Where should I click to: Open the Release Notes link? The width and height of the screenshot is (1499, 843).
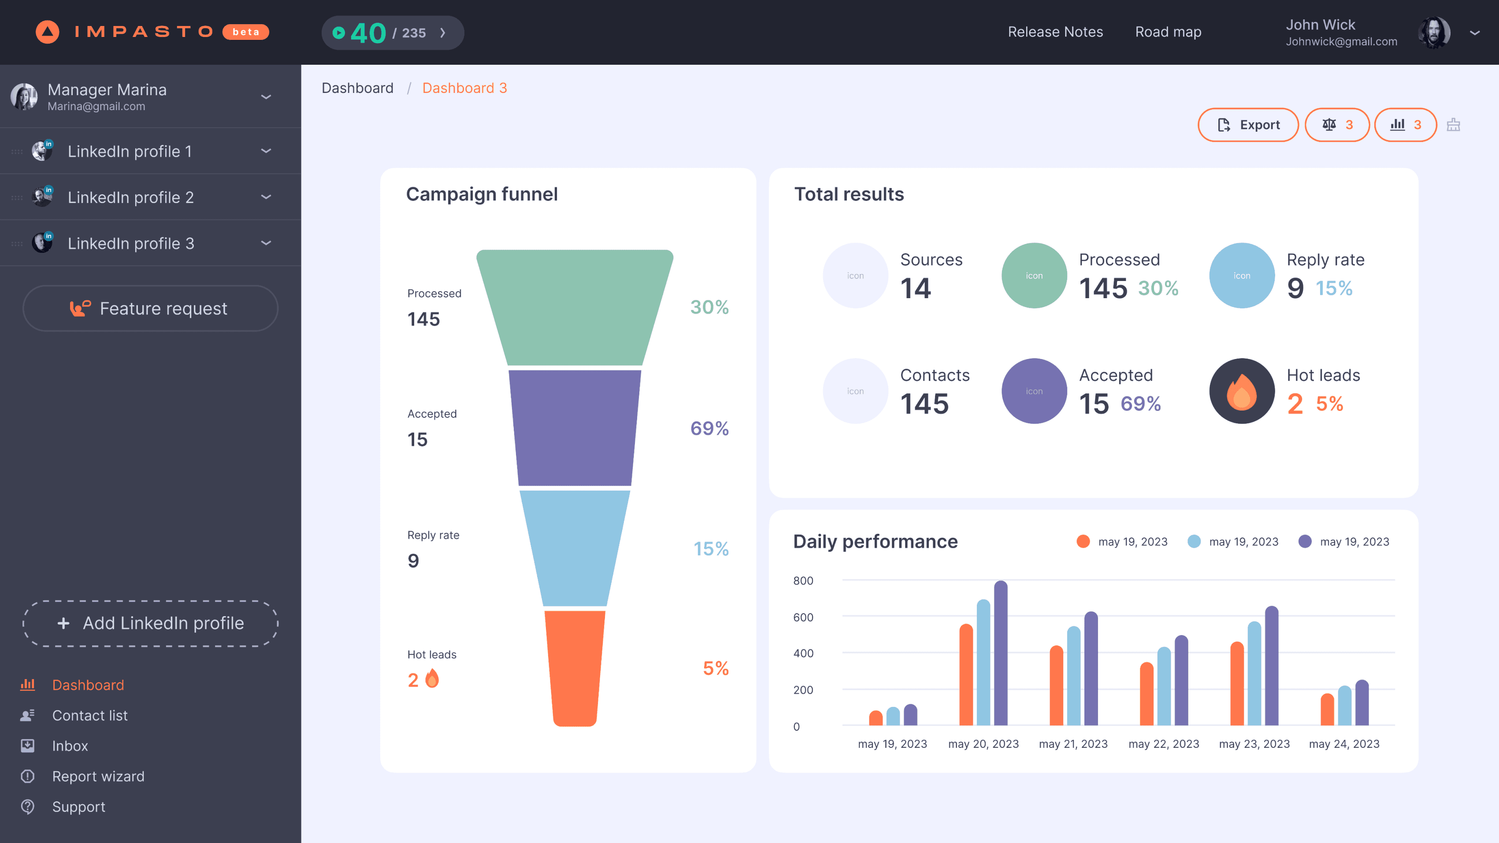tap(1055, 32)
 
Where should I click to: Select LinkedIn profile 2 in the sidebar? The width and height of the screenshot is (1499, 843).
tap(130, 197)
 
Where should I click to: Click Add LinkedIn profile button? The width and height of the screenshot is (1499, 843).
tap(151, 623)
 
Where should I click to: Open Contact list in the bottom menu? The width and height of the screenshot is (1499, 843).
tap(89, 716)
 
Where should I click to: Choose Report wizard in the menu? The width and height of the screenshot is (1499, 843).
tap(98, 776)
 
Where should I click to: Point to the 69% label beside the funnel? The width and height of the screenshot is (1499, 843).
tap(709, 428)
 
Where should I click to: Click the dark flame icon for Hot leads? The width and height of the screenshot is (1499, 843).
tap(1242, 391)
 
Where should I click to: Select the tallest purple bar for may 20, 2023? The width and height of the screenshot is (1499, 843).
tap(1000, 653)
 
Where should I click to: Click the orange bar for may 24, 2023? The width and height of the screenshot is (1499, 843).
tap(1327, 710)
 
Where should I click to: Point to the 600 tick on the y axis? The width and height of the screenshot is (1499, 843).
tap(803, 617)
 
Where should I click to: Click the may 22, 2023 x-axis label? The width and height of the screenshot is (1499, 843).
tap(1163, 743)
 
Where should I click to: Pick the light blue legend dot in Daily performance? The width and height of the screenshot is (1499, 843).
tap(1194, 542)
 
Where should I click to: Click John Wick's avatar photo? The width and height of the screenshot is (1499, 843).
tap(1434, 33)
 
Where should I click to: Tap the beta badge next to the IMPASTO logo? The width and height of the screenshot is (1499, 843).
tap(245, 32)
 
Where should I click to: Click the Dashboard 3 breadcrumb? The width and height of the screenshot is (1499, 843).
tap(464, 88)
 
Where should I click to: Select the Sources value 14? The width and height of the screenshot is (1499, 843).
tap(915, 288)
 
